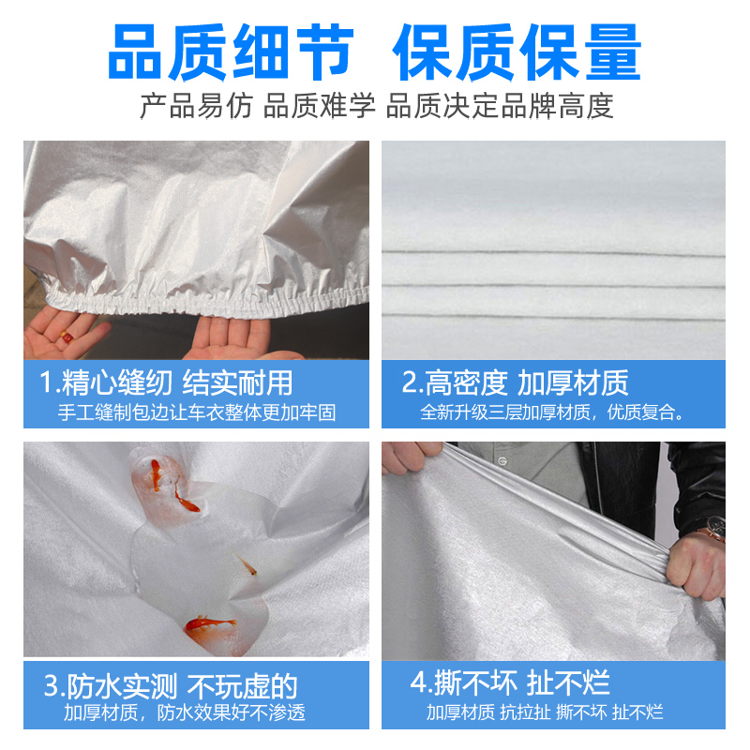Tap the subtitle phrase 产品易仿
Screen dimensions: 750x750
[195, 106]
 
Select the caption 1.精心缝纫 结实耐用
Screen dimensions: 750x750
[166, 382]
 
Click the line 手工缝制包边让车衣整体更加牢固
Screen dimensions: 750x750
[197, 412]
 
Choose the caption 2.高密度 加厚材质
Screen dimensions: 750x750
[515, 382]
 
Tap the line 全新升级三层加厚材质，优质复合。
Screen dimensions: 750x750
[552, 412]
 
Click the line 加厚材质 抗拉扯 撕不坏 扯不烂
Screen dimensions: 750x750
[545, 712]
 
